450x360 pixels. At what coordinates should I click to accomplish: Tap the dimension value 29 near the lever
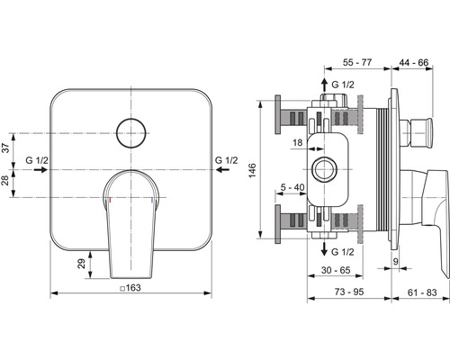(x=81, y=265)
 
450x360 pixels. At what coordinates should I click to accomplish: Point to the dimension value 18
(x=296, y=142)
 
